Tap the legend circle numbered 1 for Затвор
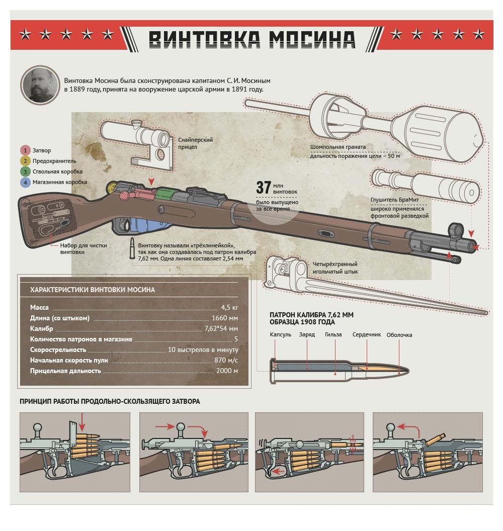point(25,150)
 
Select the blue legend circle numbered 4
point(25,182)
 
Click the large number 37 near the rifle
point(264,187)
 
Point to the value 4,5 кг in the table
point(229,308)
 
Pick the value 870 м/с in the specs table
point(226,361)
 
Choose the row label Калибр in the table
point(41,328)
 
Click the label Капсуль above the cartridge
point(281,334)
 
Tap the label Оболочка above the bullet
point(399,335)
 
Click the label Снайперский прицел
point(196,143)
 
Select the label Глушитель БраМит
point(395,200)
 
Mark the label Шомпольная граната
point(338,147)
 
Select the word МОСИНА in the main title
point(312,39)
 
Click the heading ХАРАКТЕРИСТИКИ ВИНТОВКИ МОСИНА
point(93,290)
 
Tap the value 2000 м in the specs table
point(227,371)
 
